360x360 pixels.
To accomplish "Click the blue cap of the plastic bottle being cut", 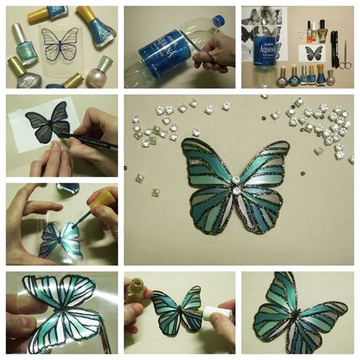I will tap(218, 22).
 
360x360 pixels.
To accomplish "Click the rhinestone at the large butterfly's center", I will tap(235, 180).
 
